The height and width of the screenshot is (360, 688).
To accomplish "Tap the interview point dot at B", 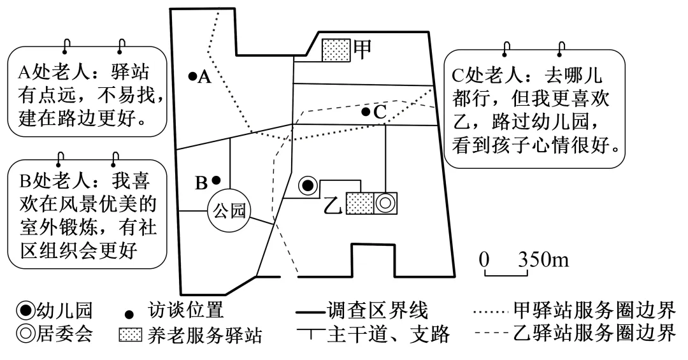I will (x=216, y=180).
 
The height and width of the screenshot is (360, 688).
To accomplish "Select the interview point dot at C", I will (x=365, y=112).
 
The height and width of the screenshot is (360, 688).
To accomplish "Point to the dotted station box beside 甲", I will (x=336, y=50).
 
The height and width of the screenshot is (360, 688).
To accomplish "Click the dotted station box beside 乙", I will (x=359, y=203).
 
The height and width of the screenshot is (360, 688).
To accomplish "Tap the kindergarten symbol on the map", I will (x=308, y=185).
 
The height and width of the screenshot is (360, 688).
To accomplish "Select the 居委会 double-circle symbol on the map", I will (x=385, y=203).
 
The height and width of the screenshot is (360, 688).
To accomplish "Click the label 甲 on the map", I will (x=363, y=50).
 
